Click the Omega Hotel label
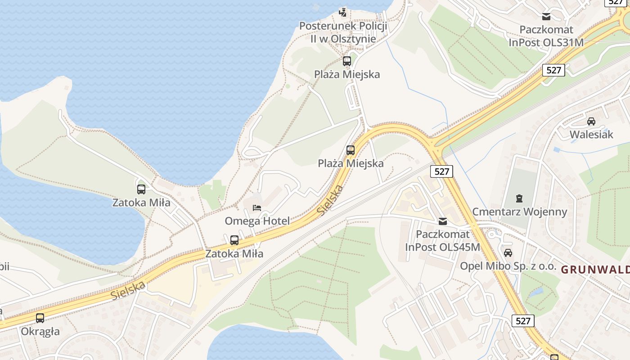coord(257,221)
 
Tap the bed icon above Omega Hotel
coord(257,208)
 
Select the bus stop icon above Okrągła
coord(40,318)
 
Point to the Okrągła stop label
coord(40,332)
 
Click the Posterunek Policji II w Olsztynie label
coord(343,32)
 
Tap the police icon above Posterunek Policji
coord(343,12)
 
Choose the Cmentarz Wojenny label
coord(519,211)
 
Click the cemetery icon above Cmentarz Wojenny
coord(519,198)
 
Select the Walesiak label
coord(591,135)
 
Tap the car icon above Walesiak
coord(591,121)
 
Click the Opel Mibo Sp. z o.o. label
coord(508,266)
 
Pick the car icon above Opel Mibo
coord(508,253)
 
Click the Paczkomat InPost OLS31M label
coord(546,36)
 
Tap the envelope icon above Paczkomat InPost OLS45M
coord(443,221)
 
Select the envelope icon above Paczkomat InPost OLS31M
coord(546,17)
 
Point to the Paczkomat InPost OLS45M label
coord(443,241)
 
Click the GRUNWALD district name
coord(595,270)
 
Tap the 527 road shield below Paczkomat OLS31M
coord(553,70)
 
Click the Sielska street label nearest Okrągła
coord(128,291)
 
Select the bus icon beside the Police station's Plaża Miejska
coord(346,61)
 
